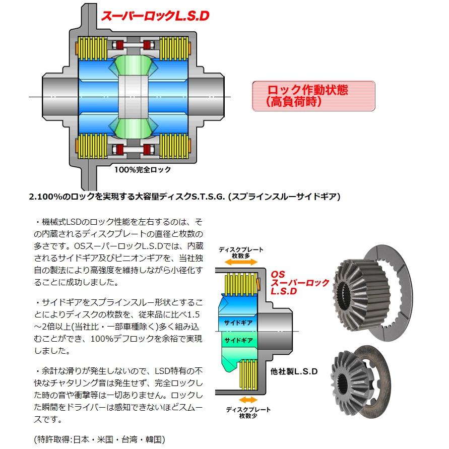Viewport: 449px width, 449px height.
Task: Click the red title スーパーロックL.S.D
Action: [155, 16]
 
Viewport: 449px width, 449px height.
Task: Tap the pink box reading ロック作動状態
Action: [313, 96]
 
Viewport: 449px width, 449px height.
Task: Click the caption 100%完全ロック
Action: [143, 170]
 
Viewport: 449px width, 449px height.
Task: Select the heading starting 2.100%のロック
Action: [185, 197]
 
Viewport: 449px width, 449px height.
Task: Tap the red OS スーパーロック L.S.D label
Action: [294, 282]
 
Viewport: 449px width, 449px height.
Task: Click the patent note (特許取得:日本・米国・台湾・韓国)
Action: [99, 439]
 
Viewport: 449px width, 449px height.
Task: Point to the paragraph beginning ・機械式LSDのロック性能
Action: [119, 252]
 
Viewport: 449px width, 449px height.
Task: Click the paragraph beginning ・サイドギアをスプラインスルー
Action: [119, 326]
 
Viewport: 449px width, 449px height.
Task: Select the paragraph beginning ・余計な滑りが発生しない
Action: [119, 395]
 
